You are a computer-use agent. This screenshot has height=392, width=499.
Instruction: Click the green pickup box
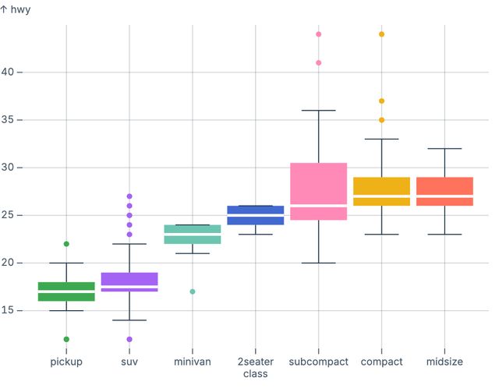[x=66, y=291]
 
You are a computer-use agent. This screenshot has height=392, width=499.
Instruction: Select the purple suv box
[x=129, y=282]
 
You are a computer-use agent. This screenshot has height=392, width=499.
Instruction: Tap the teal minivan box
[x=193, y=235]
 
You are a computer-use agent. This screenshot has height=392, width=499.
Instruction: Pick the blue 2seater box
[x=255, y=215]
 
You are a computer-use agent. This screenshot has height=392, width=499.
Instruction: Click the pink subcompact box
[x=318, y=191]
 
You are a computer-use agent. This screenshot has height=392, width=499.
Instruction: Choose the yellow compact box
[x=381, y=191]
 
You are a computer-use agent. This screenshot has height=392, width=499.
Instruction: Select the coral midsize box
[x=444, y=191]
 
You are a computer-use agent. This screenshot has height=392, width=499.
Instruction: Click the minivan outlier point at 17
[x=193, y=291]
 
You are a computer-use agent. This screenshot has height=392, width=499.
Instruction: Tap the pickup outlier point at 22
[x=66, y=244]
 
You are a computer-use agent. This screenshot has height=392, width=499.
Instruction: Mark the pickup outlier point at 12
[x=66, y=339]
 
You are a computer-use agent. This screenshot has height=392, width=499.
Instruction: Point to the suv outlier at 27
[x=129, y=196]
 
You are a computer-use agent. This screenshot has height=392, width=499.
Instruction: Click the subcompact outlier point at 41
[x=318, y=63]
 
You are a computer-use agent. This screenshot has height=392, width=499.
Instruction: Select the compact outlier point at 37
[x=381, y=101]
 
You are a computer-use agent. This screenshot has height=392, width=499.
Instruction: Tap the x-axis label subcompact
[x=318, y=362]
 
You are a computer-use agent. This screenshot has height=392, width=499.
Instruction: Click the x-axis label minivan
[x=193, y=362]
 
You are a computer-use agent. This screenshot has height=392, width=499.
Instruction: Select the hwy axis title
[x=16, y=10]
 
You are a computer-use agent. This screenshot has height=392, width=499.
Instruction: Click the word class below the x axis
[x=255, y=374]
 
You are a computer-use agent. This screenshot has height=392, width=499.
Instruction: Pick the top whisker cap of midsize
[x=444, y=149]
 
